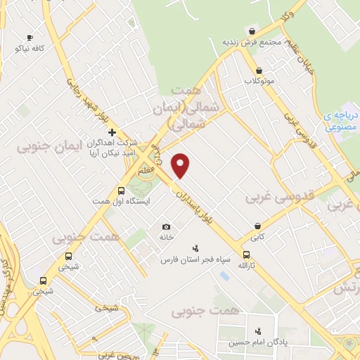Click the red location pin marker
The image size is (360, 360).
pyautogui.click(x=181, y=165)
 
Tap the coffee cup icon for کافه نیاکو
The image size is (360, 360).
pyautogui.click(x=29, y=37)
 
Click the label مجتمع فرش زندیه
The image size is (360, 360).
pyautogui.click(x=252, y=41)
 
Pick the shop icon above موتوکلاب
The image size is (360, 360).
pyautogui.click(x=260, y=70)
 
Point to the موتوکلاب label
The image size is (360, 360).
pyautogui.click(x=259, y=81)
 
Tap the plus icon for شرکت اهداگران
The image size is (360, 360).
pyautogui.click(x=111, y=131)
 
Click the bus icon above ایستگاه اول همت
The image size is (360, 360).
pyautogui.click(x=121, y=191)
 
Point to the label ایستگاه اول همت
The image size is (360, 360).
pyautogui.click(x=122, y=201)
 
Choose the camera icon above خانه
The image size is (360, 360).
pyautogui.click(x=166, y=226)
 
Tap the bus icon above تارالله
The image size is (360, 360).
pyautogui.click(x=245, y=255)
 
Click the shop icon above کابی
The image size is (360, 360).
pyautogui.click(x=260, y=226)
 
